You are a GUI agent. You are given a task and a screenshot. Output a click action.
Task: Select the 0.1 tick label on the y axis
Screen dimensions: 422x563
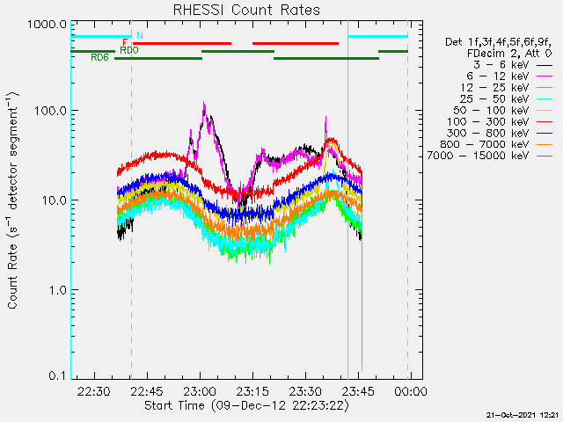[x=55, y=375]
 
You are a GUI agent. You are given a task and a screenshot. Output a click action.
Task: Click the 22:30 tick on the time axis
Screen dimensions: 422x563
[x=93, y=391]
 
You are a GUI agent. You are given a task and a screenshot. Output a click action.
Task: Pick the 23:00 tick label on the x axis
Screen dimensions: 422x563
[x=200, y=391]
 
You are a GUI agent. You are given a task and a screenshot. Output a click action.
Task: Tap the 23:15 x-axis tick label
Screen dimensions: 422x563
[x=252, y=391]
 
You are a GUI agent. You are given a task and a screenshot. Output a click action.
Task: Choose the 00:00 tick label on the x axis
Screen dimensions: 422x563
[x=411, y=391]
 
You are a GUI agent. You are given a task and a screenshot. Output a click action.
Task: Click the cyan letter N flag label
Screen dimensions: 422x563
[x=139, y=35]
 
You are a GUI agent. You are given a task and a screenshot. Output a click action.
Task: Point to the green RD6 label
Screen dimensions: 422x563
[x=99, y=58]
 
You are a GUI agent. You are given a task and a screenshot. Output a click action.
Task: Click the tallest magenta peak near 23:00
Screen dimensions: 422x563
[x=204, y=104]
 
